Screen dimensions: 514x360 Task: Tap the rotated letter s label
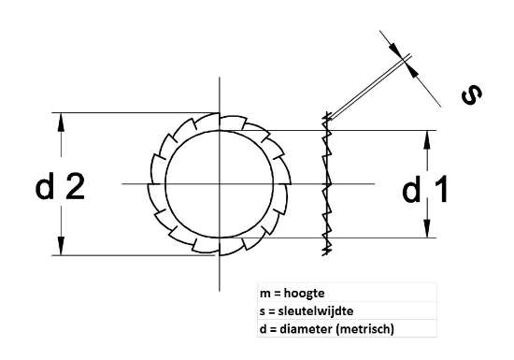point(472,94)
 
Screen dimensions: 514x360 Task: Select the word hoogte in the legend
point(306,294)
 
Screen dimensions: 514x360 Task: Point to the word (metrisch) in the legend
point(366,328)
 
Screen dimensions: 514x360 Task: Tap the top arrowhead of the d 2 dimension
point(62,120)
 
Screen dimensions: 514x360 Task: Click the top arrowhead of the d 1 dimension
point(428,137)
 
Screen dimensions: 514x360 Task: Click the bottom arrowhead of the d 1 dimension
point(428,231)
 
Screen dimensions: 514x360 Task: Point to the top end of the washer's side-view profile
point(326,116)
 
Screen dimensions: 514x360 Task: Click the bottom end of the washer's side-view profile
point(326,253)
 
